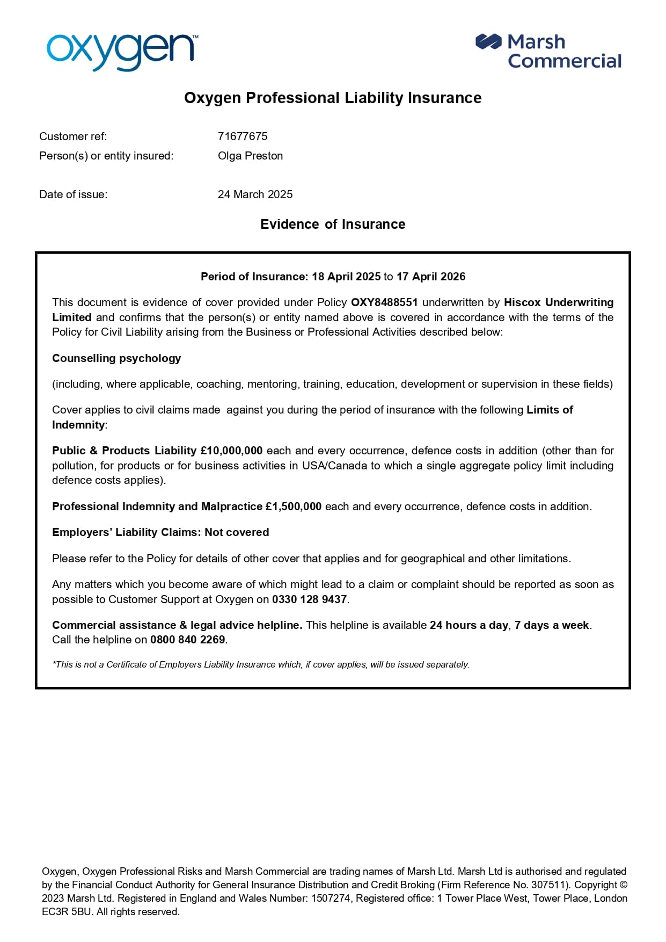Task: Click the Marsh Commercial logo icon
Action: [488, 42]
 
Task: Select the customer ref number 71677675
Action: [243, 136]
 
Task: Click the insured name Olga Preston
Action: [250, 156]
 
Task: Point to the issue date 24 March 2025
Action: [255, 194]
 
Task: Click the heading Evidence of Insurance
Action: [333, 224]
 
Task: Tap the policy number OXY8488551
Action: [384, 302]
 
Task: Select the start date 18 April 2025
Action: [346, 277]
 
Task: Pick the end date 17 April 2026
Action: [431, 277]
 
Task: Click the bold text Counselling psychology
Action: [116, 358]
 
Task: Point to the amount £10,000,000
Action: [231, 451]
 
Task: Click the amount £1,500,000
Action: [294, 506]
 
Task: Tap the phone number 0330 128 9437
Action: [310, 599]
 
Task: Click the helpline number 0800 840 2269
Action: [188, 640]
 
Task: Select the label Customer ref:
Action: [73, 136]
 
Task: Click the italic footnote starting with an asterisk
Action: [261, 664]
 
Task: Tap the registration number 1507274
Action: [331, 898]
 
